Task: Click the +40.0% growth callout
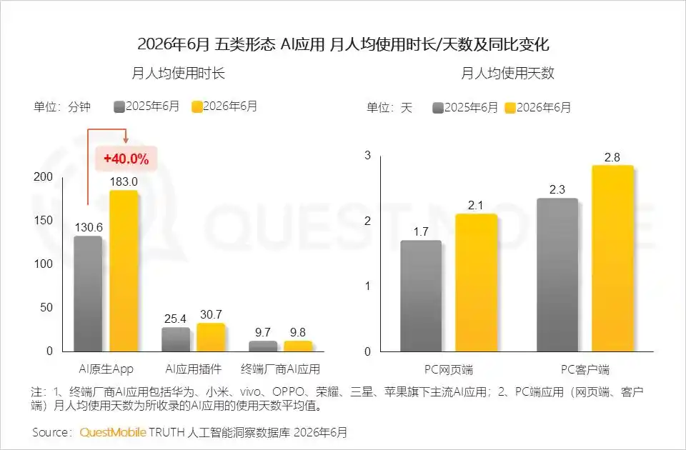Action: [x=126, y=159]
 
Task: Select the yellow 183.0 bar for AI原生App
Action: [x=124, y=271]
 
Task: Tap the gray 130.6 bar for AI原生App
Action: [x=88, y=294]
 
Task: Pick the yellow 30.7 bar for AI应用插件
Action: [x=211, y=337]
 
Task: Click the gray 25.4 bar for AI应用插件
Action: [x=176, y=339]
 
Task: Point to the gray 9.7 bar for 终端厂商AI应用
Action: [x=263, y=346]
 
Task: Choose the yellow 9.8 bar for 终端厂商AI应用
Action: [x=298, y=346]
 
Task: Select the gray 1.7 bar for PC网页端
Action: [x=421, y=296]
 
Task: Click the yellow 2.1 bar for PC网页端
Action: [x=476, y=283]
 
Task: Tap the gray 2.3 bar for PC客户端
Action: [x=557, y=275]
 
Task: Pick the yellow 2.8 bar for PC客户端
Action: [x=612, y=259]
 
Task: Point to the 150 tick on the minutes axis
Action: [x=43, y=220]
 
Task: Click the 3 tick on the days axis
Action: [x=367, y=155]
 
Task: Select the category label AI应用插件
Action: [x=194, y=369]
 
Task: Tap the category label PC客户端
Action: [x=585, y=370]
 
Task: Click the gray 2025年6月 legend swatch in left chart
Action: [x=119, y=106]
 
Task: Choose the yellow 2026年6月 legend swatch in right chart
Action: [x=510, y=108]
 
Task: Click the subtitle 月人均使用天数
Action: [x=507, y=73]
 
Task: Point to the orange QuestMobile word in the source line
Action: [x=113, y=433]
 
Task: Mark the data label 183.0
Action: [x=124, y=181]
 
